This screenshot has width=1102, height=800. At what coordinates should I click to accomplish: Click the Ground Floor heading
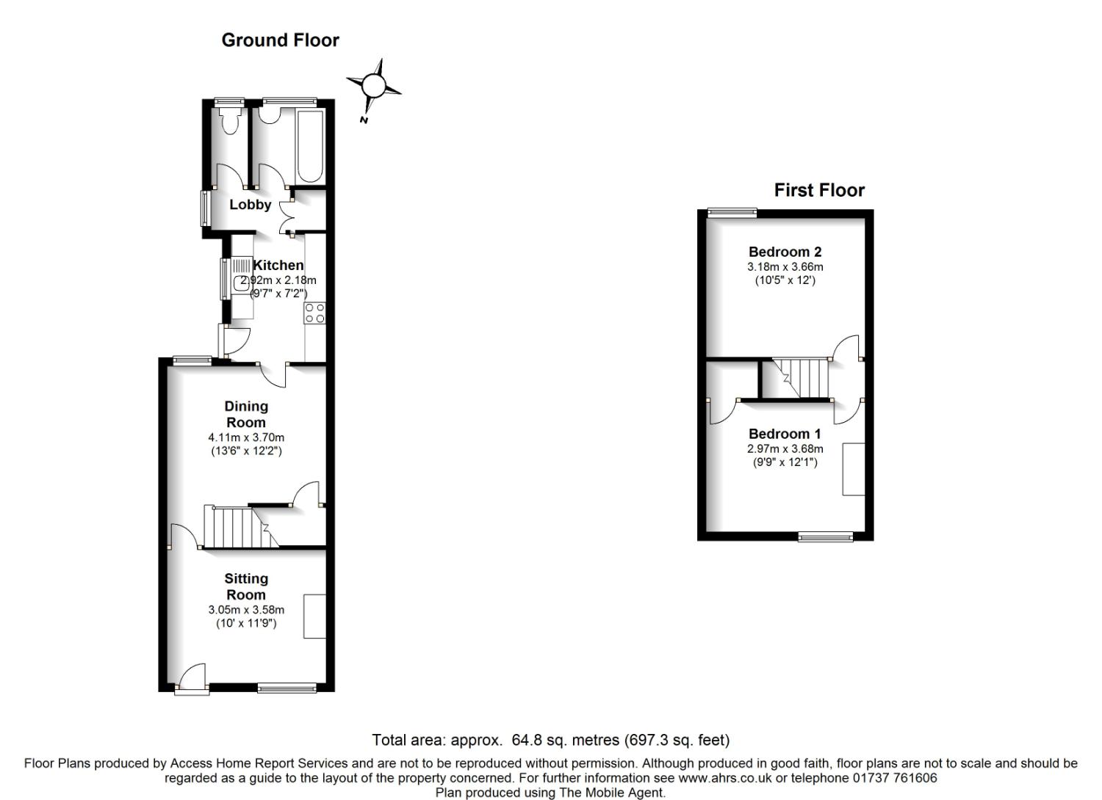(280, 40)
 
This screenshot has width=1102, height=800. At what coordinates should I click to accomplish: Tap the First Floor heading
(819, 190)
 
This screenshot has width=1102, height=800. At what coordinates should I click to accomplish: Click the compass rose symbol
(373, 87)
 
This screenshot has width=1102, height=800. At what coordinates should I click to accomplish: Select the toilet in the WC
(230, 120)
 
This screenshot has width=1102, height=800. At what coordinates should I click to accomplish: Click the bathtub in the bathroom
(310, 147)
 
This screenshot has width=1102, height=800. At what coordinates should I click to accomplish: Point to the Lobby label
(251, 205)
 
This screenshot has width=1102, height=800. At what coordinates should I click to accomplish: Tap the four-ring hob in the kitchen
(315, 313)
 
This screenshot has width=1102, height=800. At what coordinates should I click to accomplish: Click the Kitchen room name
(278, 266)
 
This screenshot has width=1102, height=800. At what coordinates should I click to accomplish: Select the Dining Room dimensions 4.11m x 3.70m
(246, 437)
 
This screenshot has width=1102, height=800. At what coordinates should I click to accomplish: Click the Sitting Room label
(246, 586)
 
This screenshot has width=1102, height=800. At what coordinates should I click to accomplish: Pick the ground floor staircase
(241, 527)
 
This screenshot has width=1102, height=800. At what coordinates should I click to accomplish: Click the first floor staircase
(801, 378)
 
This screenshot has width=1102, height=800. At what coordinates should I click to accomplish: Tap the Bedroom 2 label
(785, 252)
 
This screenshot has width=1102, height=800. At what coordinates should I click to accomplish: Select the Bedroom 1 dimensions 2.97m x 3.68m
(785, 448)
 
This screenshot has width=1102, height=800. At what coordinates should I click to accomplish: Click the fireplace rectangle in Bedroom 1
(854, 469)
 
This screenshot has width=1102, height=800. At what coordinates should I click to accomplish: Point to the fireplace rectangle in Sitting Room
(315, 617)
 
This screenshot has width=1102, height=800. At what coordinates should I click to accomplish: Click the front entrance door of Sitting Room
(192, 680)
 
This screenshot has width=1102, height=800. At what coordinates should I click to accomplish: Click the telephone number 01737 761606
(895, 778)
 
